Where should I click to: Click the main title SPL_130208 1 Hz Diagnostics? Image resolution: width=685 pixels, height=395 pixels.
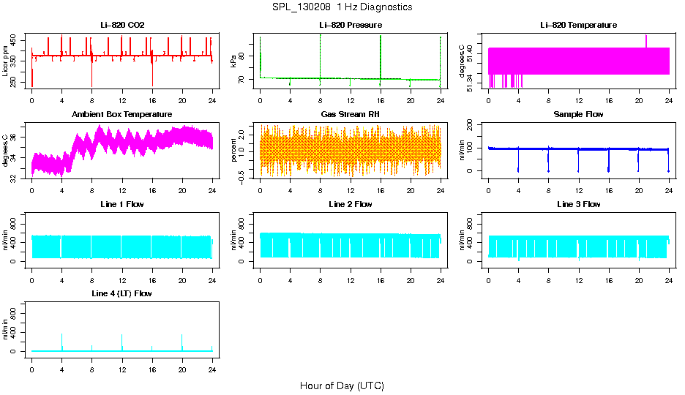pos(342,7)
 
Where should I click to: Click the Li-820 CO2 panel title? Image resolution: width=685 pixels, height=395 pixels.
pos(122,26)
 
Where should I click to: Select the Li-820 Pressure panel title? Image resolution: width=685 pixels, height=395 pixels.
pos(351,26)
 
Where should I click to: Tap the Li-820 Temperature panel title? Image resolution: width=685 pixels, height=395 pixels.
pos(578,26)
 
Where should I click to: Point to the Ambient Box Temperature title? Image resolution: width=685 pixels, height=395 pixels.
pos(122,115)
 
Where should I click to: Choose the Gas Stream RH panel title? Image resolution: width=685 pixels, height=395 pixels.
pos(351,115)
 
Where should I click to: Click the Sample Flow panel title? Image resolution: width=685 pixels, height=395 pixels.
pos(578,115)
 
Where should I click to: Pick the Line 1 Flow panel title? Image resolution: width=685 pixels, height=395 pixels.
pos(122,204)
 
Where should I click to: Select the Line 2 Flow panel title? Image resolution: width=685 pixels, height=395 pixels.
pos(351,204)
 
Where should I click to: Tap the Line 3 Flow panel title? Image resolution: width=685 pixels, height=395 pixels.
pos(578,204)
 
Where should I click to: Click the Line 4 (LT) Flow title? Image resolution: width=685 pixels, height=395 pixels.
pos(122,293)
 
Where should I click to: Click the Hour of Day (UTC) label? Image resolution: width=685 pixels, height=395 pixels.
pos(342,385)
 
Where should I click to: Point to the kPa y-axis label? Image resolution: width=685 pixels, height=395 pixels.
pos(233,61)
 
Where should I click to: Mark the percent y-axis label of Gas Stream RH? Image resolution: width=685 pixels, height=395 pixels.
pos(233,151)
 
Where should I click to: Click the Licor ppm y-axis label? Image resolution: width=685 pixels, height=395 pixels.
pos(6,61)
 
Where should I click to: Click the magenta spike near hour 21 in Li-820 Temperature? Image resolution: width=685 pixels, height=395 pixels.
pos(646,39)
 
